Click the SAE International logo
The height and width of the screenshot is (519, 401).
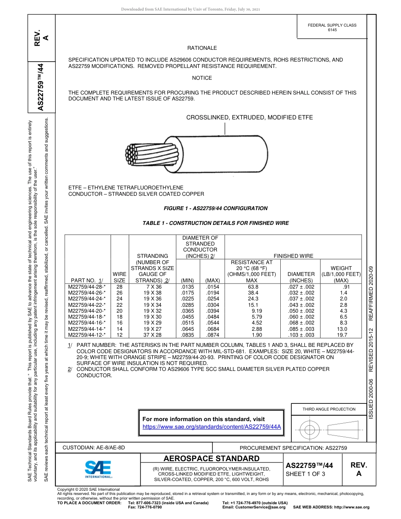click(x=98, y=469)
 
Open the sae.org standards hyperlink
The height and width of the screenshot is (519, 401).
click(x=211, y=427)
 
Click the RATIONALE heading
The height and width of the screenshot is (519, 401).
click(x=202, y=48)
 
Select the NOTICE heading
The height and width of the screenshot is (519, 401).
click(x=202, y=78)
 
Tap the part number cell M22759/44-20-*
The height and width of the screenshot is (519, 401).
click(x=87, y=311)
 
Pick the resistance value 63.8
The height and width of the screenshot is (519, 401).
click(x=253, y=287)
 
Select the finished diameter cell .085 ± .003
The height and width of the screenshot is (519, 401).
click(x=301, y=329)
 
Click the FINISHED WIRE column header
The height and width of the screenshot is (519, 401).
click(x=293, y=256)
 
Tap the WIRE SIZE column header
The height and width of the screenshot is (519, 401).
click(x=120, y=277)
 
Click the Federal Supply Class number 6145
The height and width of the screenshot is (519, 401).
click(x=332, y=30)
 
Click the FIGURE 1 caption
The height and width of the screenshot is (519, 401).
click(x=215, y=208)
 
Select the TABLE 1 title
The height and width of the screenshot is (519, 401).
click(x=216, y=223)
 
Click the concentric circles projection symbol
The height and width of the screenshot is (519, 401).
click(x=310, y=430)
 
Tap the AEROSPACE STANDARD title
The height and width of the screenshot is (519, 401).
click(x=211, y=459)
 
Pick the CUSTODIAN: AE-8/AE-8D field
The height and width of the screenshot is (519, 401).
click(x=94, y=447)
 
